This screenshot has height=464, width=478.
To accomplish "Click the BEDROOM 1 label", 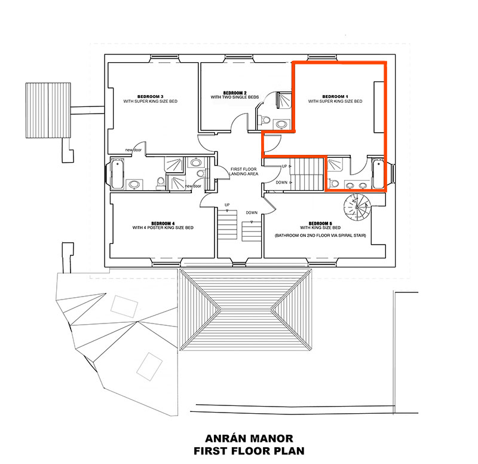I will click(335, 96).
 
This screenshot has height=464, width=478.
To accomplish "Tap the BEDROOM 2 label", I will click(235, 93).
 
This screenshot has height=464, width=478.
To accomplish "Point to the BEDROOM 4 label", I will click(163, 223).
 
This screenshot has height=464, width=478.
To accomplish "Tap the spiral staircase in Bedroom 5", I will click(357, 209).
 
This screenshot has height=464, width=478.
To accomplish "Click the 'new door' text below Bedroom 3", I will click(133, 149).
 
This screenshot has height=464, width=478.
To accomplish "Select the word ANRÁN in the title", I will click(220, 438).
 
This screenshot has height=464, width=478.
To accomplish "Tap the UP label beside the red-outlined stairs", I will click(284, 166).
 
